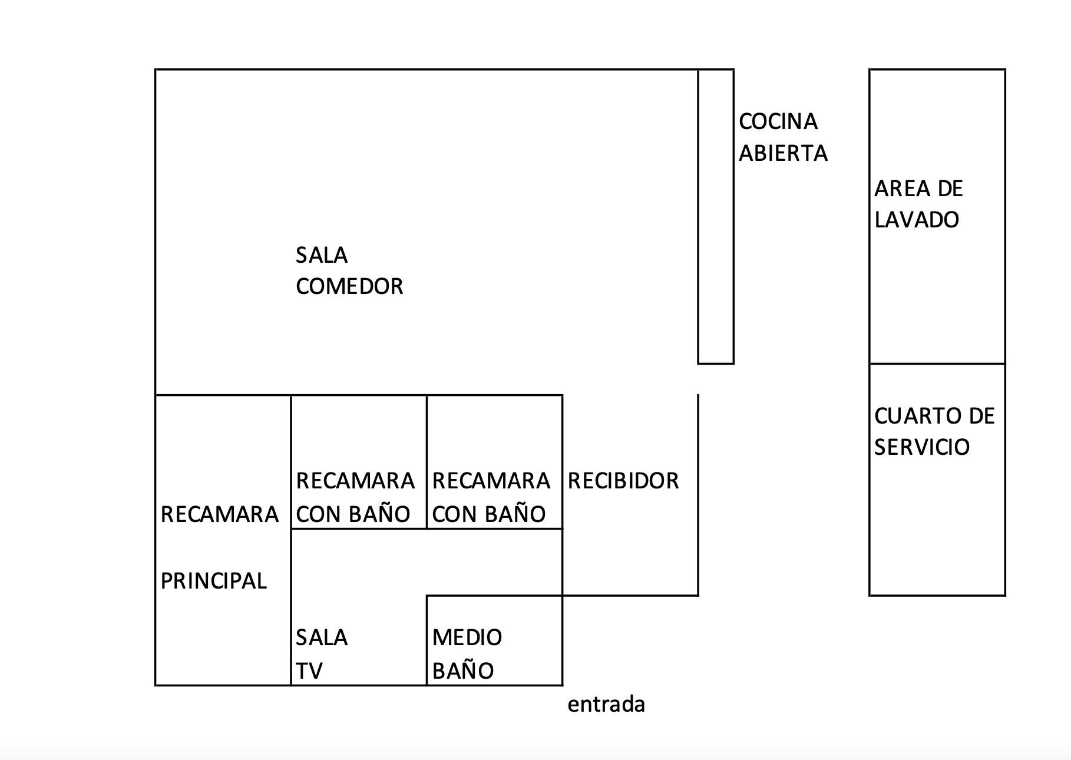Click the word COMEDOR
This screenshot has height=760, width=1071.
pyautogui.click(x=349, y=287)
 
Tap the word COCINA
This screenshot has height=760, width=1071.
pyautogui.click(x=778, y=122)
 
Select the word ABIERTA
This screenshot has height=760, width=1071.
pyautogui.click(x=783, y=154)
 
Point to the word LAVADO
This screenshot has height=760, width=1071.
pyautogui.click(x=917, y=220)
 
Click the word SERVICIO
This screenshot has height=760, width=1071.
pyautogui.click(x=921, y=448)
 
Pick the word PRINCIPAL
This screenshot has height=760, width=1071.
pyautogui.click(x=213, y=581)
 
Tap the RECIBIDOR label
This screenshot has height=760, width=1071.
pyautogui.click(x=623, y=481)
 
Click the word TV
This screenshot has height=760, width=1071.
pyautogui.click(x=309, y=671)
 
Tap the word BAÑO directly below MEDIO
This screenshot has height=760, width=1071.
pyautogui.click(x=463, y=671)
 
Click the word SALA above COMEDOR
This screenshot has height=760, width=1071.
pyautogui.click(x=322, y=256)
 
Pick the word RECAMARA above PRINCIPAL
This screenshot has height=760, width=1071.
pyautogui.click(x=219, y=515)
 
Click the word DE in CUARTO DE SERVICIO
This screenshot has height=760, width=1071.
pyautogui.click(x=981, y=417)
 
